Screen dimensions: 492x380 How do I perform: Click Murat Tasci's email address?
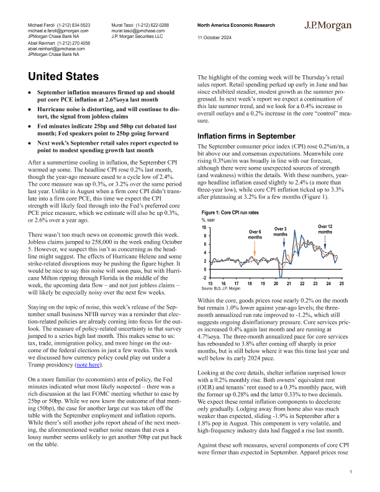pos(140,29)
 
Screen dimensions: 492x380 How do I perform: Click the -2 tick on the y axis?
pos(204,278)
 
